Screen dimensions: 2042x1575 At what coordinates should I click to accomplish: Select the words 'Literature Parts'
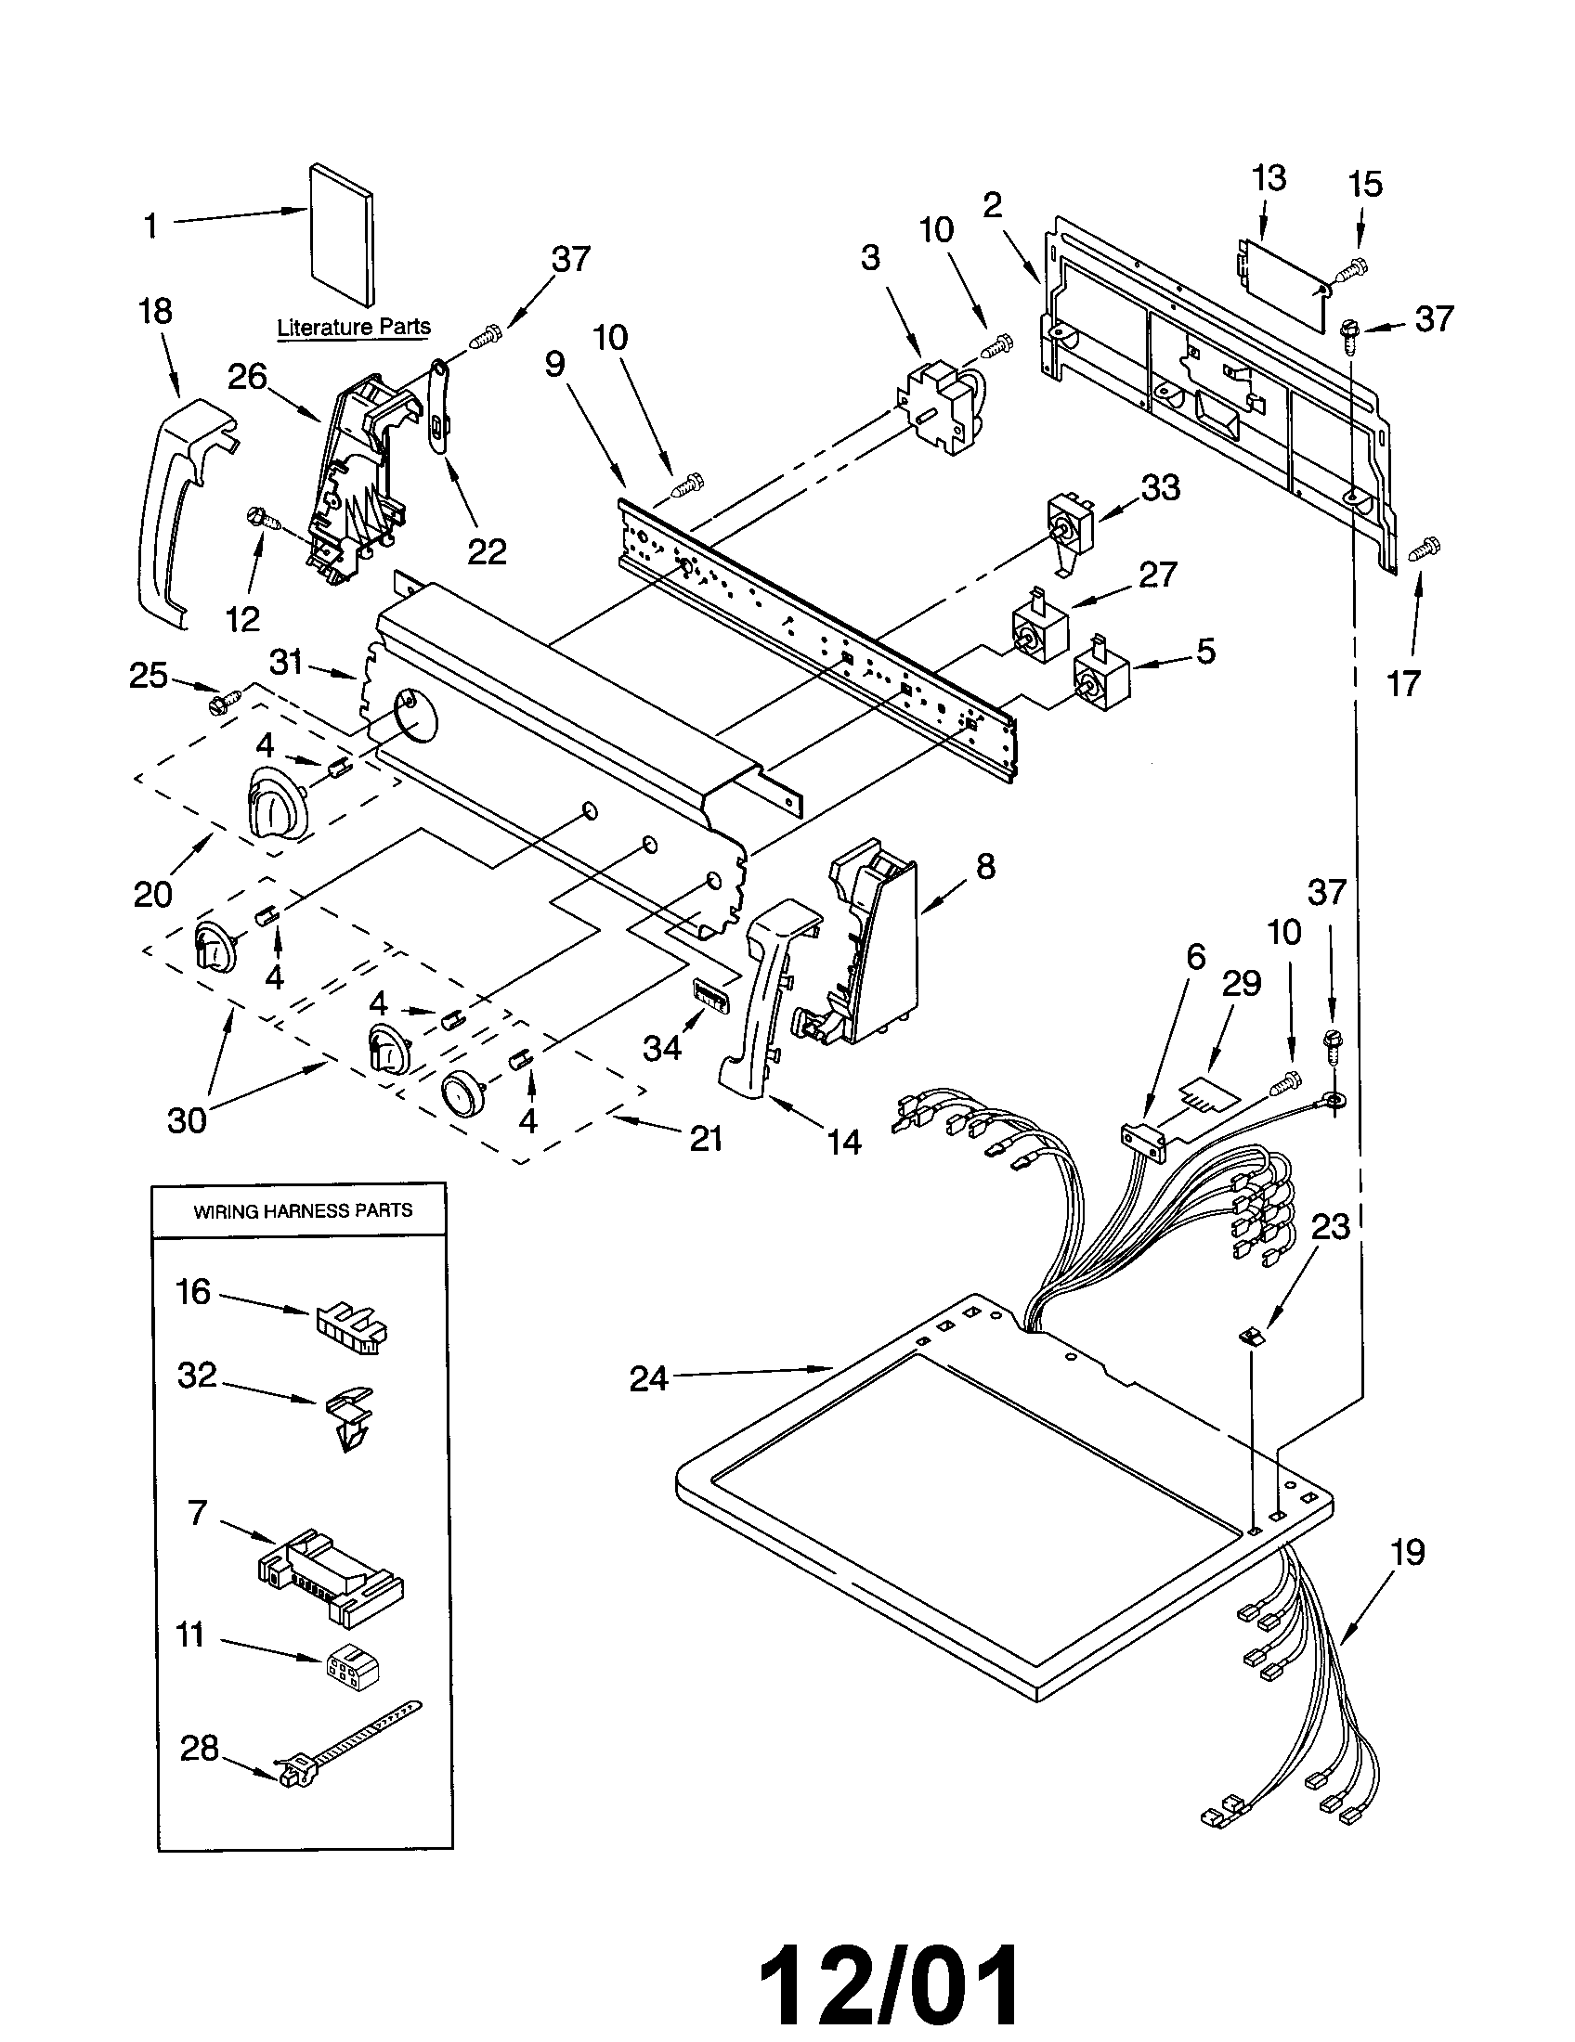pos(354,328)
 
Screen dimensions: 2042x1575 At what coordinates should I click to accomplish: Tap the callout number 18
pos(155,311)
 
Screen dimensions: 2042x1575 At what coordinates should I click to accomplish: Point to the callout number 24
pos(648,1378)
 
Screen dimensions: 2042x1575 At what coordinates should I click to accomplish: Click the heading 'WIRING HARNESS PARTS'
pos(302,1210)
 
